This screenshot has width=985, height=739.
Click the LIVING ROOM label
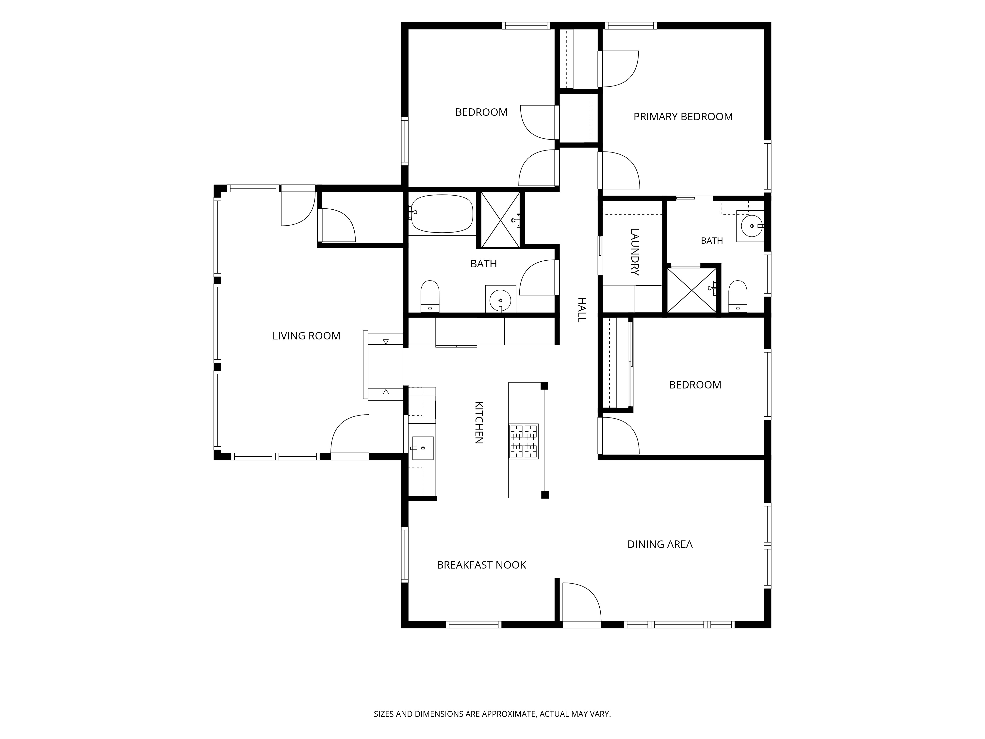[306, 336]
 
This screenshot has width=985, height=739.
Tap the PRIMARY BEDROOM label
[683, 117]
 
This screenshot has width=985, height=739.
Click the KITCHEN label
[479, 423]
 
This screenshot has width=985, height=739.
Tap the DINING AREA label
[660, 544]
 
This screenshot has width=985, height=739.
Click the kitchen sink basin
[423, 448]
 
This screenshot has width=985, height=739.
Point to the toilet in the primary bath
[738, 296]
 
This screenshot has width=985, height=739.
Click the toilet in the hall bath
[430, 296]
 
